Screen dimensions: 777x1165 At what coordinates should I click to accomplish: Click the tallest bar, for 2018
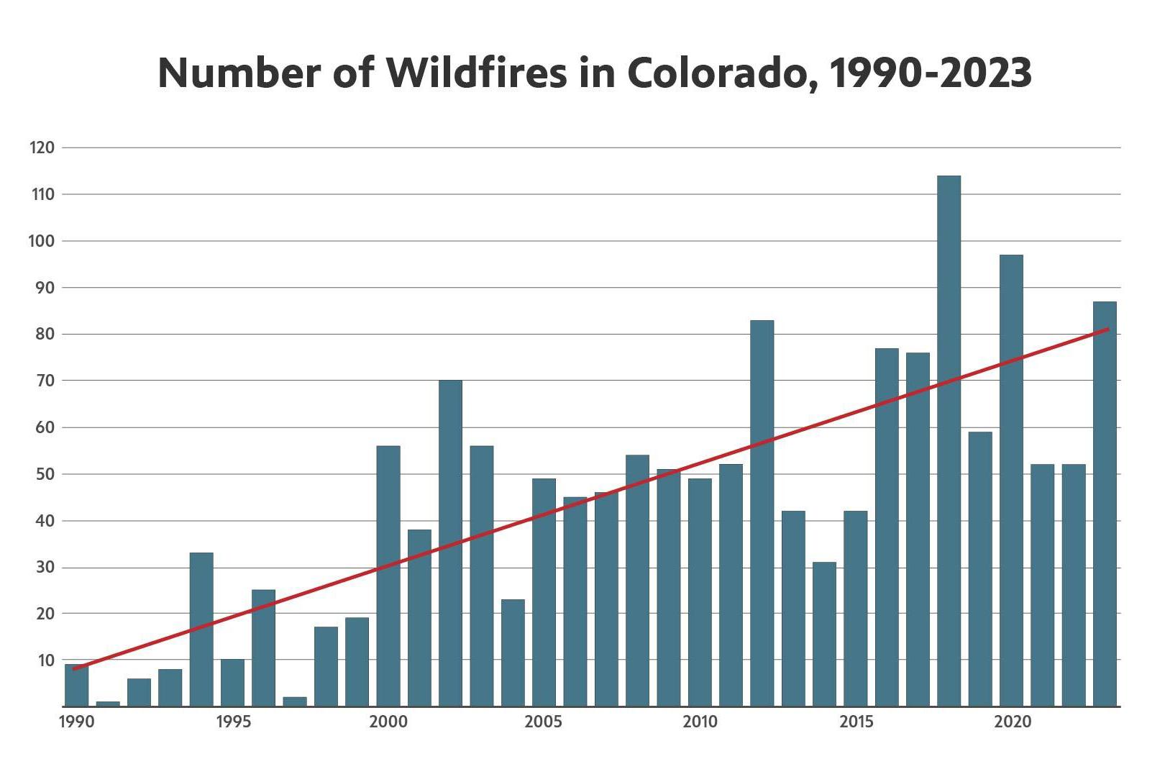[949, 440]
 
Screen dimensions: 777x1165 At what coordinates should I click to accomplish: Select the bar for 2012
[762, 513]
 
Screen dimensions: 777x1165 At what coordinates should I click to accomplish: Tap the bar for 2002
[450, 543]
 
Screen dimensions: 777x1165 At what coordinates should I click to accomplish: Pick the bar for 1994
[201, 630]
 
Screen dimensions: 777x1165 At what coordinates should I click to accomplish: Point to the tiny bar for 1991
[108, 704]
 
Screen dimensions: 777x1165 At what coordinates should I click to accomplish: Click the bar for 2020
[1011, 481]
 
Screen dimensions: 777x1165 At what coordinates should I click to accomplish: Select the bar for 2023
[1105, 504]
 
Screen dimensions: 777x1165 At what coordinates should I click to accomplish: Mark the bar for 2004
[513, 653]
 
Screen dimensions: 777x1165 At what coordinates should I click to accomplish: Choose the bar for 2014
[824, 634]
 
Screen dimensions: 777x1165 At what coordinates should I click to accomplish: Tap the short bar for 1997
[295, 701]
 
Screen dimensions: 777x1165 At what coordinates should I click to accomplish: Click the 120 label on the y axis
[42, 148]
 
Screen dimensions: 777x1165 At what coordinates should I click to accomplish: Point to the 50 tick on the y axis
[45, 475]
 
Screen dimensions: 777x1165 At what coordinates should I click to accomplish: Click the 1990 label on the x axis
[76, 722]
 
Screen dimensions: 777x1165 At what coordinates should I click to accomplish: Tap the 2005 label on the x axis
[544, 722]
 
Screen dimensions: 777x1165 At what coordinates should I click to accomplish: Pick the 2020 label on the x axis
[1011, 722]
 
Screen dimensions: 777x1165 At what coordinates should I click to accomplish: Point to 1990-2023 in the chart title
[931, 72]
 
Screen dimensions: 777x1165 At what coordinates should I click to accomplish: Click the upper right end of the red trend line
[1108, 330]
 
